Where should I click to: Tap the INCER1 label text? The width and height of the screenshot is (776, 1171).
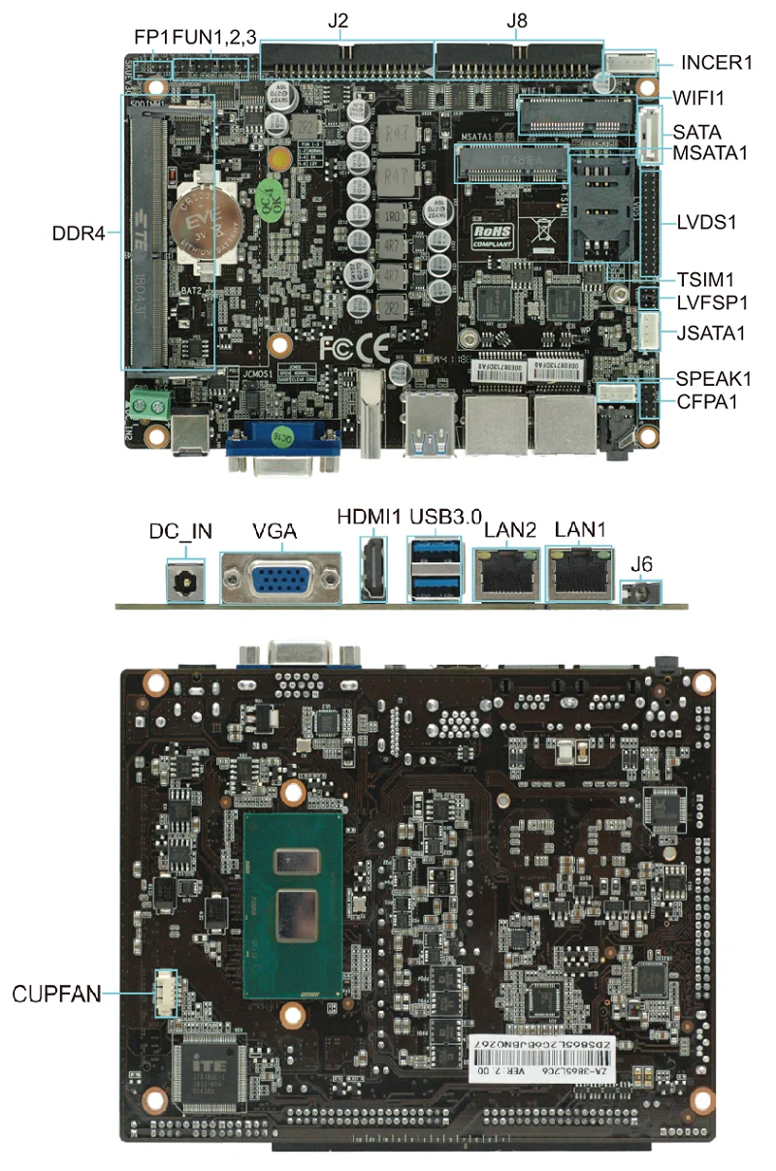(717, 64)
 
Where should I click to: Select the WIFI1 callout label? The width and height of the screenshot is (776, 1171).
(699, 98)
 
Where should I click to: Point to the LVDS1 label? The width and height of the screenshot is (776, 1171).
(707, 222)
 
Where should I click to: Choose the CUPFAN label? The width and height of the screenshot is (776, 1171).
(56, 994)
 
